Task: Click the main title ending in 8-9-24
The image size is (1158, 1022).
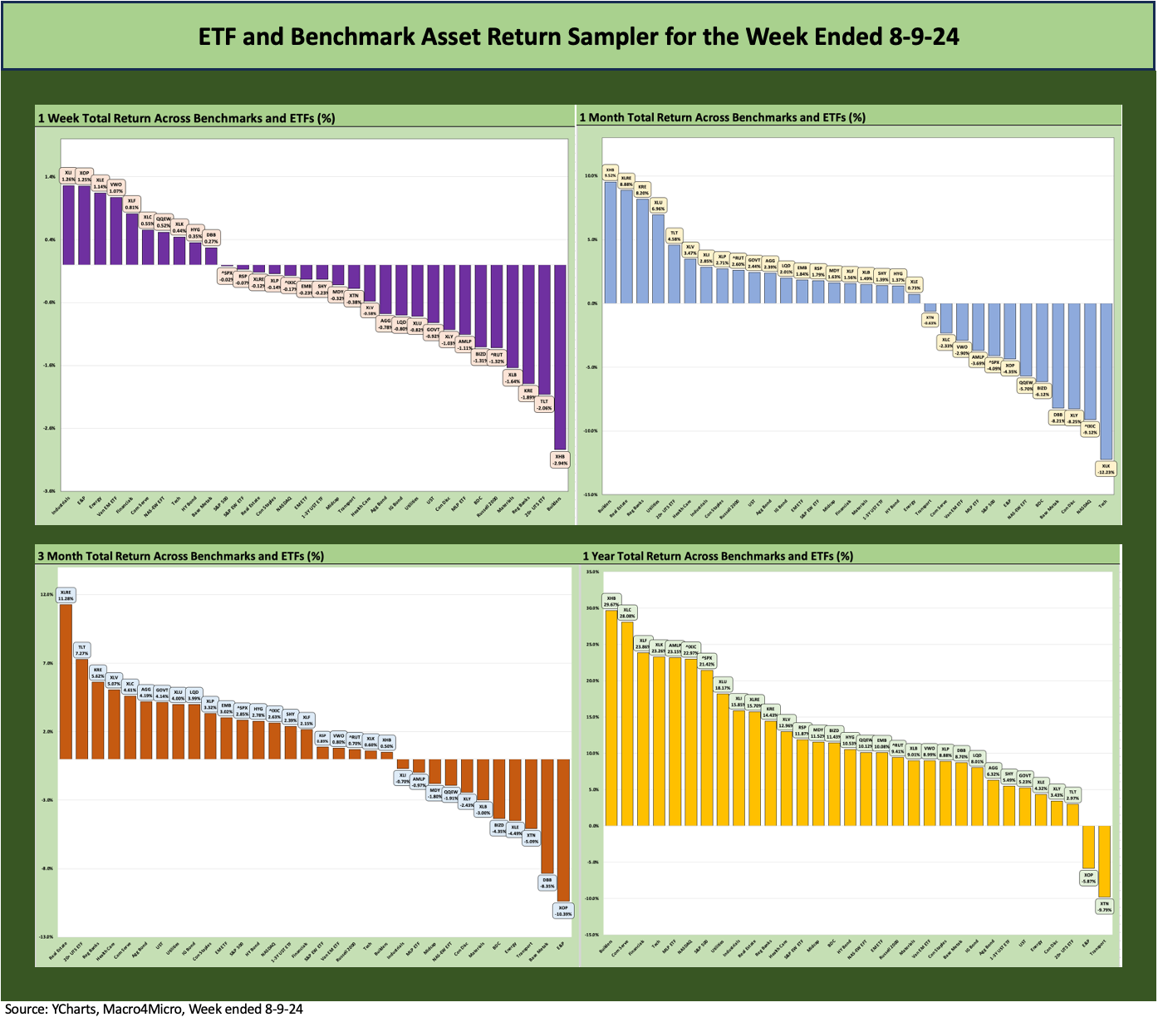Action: [x=578, y=37]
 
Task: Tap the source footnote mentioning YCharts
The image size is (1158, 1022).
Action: [x=154, y=1009]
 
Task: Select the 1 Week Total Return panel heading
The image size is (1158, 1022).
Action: [x=186, y=118]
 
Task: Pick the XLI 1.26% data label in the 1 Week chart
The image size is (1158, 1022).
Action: [x=68, y=175]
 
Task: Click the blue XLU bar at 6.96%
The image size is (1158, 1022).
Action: [x=658, y=258]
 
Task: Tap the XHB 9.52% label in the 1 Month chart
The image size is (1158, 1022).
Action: [x=610, y=172]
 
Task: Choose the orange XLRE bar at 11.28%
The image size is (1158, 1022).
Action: [x=66, y=681]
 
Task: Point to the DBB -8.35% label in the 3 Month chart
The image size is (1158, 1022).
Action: [x=547, y=882]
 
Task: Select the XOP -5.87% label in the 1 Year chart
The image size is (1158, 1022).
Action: [x=1088, y=878]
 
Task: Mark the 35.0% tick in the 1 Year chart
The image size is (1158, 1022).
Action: [x=591, y=572]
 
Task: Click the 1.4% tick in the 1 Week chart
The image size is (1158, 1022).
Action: [x=50, y=177]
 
